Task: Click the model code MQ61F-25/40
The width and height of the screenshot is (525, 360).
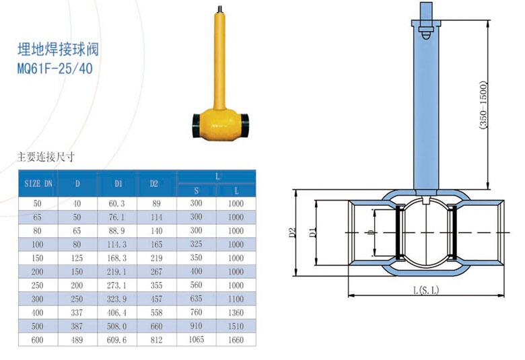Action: pyautogui.click(x=55, y=69)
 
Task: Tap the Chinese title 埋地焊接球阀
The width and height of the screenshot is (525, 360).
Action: pyautogui.click(x=58, y=50)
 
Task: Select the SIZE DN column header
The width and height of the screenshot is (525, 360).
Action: pyautogui.click(x=38, y=184)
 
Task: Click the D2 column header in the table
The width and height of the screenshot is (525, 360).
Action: pyautogui.click(x=153, y=183)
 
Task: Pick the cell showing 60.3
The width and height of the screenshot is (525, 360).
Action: pyautogui.click(x=117, y=204)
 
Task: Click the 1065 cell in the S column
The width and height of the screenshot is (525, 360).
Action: pyautogui.click(x=197, y=340)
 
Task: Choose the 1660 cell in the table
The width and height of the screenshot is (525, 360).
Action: pyautogui.click(x=236, y=340)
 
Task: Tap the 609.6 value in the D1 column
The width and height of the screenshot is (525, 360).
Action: pyautogui.click(x=117, y=340)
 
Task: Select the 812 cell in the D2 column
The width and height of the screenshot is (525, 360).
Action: pyautogui.click(x=156, y=340)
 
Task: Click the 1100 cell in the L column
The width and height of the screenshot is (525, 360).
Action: pyautogui.click(x=236, y=299)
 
